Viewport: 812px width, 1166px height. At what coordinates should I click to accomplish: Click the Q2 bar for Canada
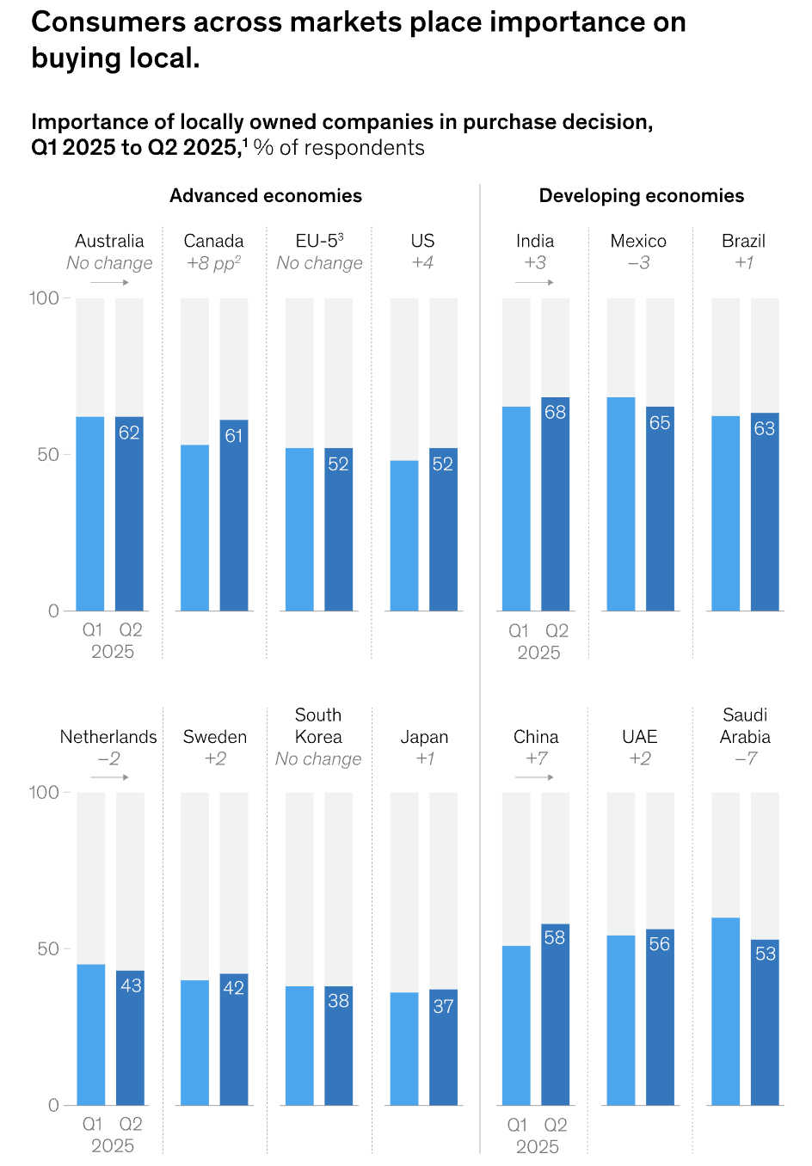click(x=234, y=516)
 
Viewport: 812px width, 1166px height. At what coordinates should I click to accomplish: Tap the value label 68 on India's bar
click(x=555, y=413)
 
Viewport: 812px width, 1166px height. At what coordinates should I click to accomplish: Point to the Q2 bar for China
click(x=555, y=1015)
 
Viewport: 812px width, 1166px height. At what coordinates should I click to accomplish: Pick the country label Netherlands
click(x=108, y=737)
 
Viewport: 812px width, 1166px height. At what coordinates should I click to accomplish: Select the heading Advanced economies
click(x=266, y=196)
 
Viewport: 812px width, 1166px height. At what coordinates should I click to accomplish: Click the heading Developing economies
click(x=642, y=196)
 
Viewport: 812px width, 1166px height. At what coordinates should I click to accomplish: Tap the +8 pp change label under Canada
click(x=213, y=263)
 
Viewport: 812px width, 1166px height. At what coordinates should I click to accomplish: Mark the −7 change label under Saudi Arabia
click(x=746, y=758)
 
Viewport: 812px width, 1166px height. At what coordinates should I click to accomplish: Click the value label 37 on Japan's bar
click(x=443, y=1006)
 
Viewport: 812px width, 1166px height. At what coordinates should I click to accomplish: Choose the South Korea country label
click(x=318, y=726)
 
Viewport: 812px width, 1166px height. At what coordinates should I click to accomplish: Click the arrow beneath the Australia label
click(x=109, y=282)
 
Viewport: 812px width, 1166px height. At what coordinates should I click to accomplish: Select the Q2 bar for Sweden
click(x=234, y=1040)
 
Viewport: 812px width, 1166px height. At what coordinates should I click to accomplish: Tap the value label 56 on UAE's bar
click(x=660, y=944)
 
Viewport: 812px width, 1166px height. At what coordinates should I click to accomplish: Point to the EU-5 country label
click(x=319, y=241)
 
